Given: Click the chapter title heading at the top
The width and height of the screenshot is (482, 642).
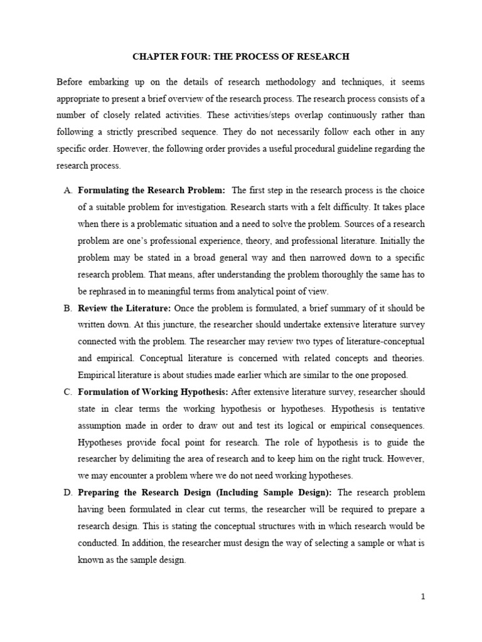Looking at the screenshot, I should coord(241,56).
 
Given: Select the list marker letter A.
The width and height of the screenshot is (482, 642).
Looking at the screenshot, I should coord(68,190).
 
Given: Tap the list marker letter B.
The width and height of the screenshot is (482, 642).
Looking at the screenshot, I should coord(68,308).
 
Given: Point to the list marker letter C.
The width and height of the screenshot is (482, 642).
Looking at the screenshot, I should coord(68,392).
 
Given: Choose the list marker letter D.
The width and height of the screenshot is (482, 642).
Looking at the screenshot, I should coord(68,493).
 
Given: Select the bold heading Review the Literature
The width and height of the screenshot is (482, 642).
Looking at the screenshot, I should coord(124,308).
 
